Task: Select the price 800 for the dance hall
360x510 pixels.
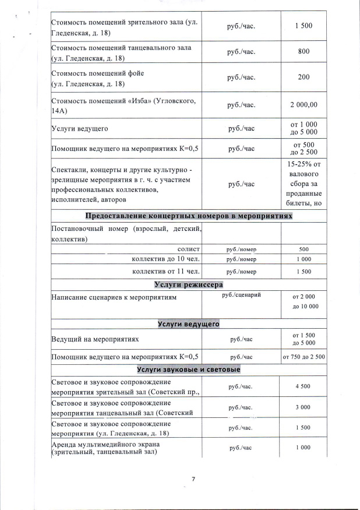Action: [x=303, y=51]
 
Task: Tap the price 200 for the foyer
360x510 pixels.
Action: [x=303, y=77]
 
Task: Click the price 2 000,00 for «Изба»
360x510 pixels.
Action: [x=303, y=105]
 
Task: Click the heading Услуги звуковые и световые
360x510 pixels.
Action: [x=189, y=370]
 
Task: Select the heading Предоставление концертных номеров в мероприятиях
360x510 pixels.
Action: [x=189, y=216]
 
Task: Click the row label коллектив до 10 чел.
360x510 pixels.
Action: [x=166, y=259]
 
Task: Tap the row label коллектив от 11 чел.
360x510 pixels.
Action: [x=166, y=271]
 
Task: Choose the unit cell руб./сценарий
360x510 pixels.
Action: [x=241, y=295]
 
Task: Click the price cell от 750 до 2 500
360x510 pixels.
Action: [x=303, y=356]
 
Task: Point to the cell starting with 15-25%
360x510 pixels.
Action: [x=303, y=184]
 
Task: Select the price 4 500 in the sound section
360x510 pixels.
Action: [x=302, y=386]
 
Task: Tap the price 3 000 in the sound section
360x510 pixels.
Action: [x=302, y=407]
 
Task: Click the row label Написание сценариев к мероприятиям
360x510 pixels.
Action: [x=114, y=297]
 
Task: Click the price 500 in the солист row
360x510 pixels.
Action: [x=303, y=249]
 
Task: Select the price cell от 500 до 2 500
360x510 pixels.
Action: [x=303, y=148]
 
